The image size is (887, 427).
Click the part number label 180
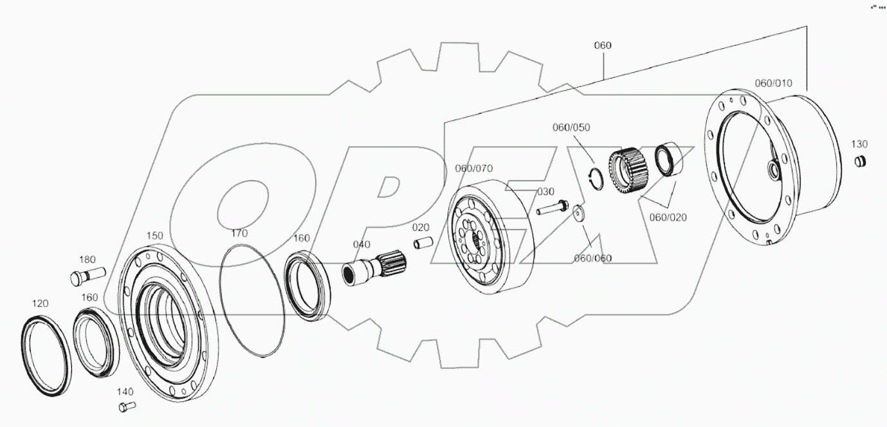pyautogui.click(x=87, y=260)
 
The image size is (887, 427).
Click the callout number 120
pyautogui.click(x=41, y=303)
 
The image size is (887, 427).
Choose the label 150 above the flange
pyautogui.click(x=155, y=236)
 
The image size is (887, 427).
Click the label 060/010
pyautogui.click(x=773, y=84)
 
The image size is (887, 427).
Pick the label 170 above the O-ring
pyautogui.click(x=239, y=233)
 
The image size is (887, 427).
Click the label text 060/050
pyautogui.click(x=571, y=127)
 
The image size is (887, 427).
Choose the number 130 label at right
pyautogui.click(x=859, y=143)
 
